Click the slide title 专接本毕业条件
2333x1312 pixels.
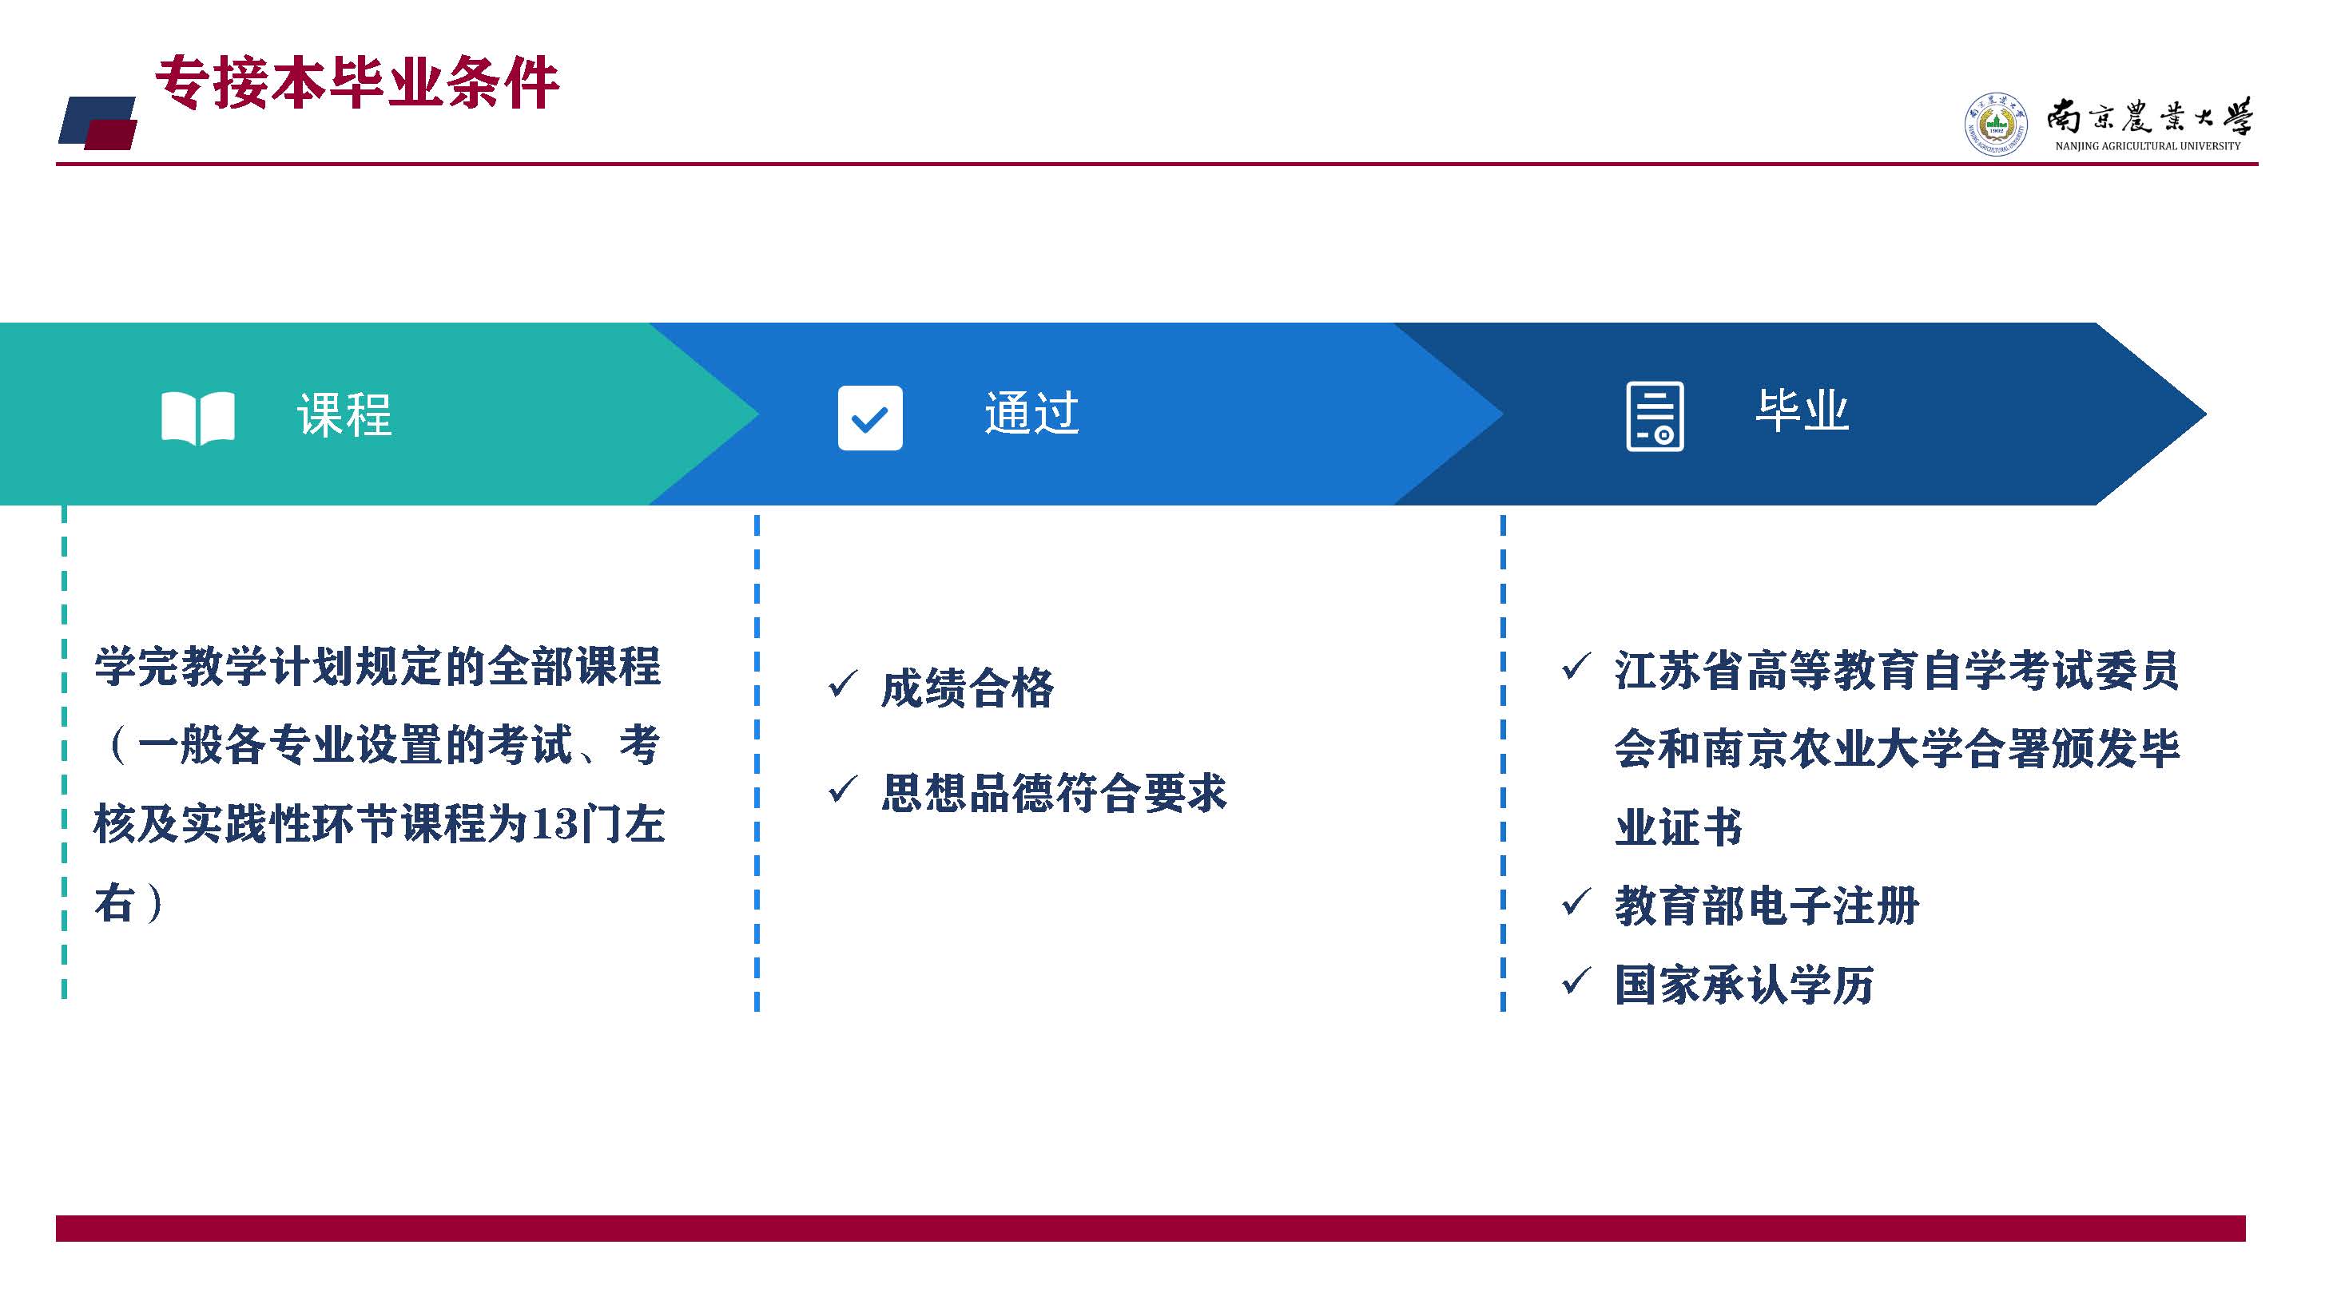pos(357,83)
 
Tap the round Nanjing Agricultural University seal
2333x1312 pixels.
pos(1996,124)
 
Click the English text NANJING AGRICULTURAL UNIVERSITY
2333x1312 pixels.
pos(2148,146)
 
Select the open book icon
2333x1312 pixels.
pos(197,418)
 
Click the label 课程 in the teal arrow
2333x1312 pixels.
pos(344,414)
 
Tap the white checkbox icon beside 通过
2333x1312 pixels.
pos(869,418)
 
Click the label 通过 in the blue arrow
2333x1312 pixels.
pos(1031,413)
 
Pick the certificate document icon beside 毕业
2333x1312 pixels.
pos(1655,417)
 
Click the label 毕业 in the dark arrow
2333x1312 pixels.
pos(1802,410)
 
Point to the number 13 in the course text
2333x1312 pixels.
pos(554,825)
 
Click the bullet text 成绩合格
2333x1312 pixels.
pos(968,688)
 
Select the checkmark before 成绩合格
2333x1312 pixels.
pos(842,684)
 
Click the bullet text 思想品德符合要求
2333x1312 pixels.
pos(1054,792)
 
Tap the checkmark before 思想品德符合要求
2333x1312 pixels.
pos(842,789)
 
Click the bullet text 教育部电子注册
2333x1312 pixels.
pos(1767,906)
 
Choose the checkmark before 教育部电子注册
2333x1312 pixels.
pos(1576,902)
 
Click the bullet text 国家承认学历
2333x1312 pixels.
pos(1744,985)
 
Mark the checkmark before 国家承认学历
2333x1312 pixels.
pos(1576,981)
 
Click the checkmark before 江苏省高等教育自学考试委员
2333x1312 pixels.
pos(1576,667)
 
